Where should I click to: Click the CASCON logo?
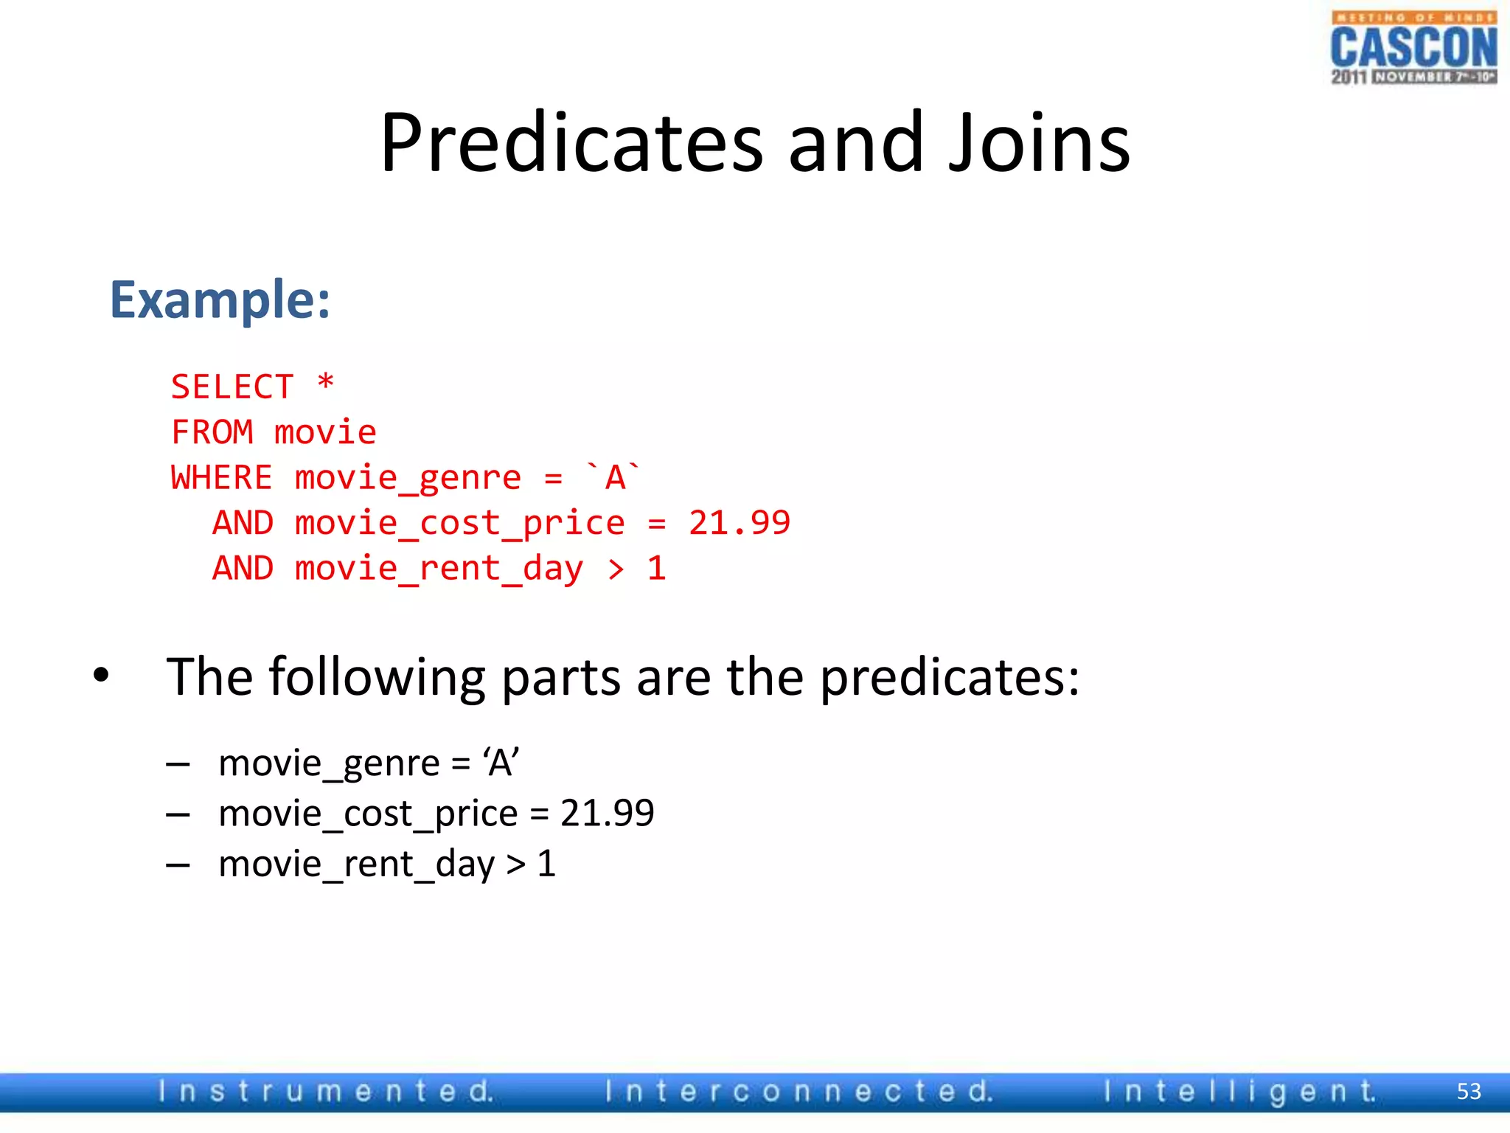1413,47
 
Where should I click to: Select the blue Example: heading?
220,300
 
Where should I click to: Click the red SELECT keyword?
232,387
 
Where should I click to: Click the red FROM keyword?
212,432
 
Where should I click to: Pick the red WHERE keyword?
221,478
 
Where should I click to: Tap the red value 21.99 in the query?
739,523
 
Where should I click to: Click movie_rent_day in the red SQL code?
439,569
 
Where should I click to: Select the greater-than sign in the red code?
616,569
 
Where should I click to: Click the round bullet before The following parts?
101,675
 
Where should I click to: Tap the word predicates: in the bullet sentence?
950,677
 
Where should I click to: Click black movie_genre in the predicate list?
329,763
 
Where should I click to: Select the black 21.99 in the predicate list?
607,814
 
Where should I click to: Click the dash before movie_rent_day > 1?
178,865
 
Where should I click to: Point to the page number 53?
1469,1091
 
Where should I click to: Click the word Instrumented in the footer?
326,1091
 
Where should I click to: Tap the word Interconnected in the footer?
799,1091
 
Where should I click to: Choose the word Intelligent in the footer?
1240,1091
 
